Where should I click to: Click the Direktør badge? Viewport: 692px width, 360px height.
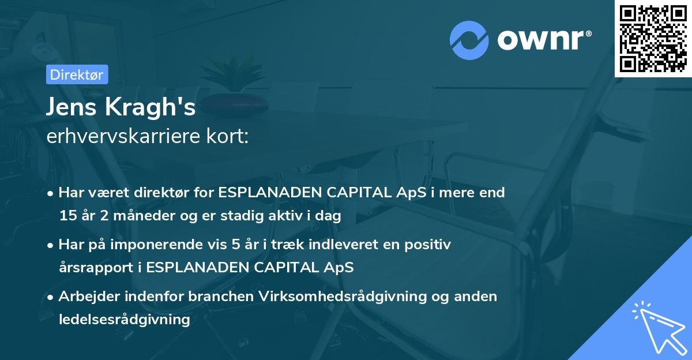77,74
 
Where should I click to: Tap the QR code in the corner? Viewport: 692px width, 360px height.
653,38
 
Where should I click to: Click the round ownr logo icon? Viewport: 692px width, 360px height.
469,40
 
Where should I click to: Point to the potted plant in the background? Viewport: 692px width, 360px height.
237,87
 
